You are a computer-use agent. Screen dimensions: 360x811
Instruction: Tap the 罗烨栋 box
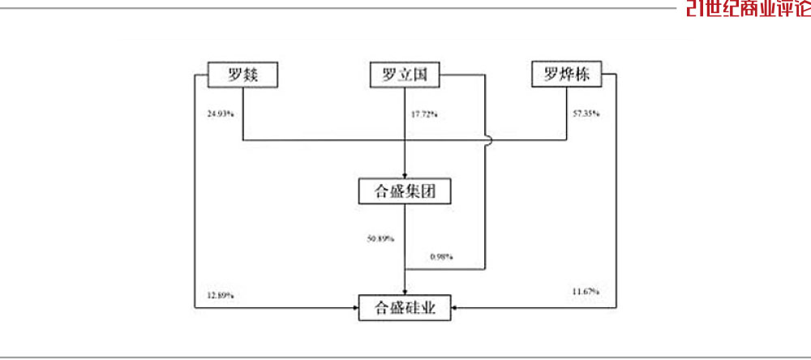tap(566, 75)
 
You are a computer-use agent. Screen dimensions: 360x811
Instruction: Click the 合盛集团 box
tap(404, 191)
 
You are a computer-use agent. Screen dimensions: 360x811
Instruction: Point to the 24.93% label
tap(221, 113)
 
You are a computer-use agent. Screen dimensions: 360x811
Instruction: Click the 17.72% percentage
tap(424, 114)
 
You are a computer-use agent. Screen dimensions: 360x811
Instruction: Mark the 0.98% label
tap(441, 258)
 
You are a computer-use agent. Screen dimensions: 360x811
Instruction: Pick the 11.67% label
tap(585, 290)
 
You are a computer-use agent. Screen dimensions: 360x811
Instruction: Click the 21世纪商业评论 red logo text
tap(747, 8)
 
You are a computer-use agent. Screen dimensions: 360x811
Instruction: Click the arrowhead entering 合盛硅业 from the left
tap(355, 308)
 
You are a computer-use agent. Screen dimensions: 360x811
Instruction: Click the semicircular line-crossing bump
tap(487, 140)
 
